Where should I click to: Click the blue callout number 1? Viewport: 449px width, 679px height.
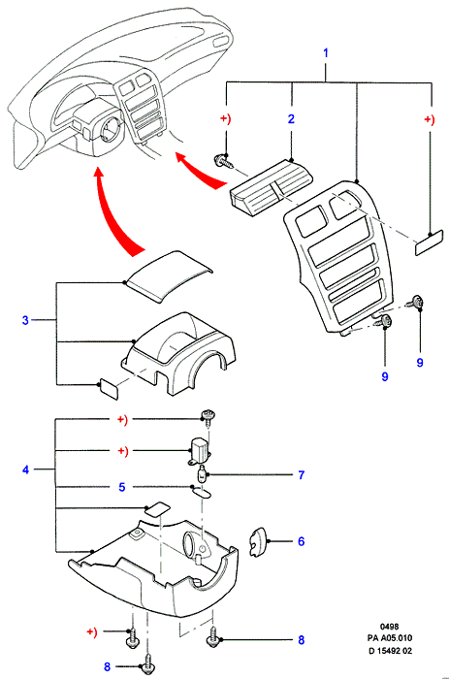326,53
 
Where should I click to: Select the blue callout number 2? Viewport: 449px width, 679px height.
291,118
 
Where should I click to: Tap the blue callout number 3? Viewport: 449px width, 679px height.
25,320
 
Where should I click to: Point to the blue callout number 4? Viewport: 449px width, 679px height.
25,469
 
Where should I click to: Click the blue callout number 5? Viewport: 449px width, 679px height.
121,487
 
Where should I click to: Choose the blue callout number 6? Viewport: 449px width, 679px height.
301,541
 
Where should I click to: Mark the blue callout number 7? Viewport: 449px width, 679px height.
302,475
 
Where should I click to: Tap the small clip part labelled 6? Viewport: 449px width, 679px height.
257,541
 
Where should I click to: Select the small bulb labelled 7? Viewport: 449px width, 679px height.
203,474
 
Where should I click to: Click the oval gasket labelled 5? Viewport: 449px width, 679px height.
201,493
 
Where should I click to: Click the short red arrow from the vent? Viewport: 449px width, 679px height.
199,171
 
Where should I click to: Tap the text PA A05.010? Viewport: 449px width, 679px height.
390,638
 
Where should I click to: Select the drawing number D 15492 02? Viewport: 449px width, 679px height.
390,651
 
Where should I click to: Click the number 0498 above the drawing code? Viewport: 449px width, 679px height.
389,627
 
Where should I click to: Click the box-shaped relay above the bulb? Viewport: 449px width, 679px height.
200,450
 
